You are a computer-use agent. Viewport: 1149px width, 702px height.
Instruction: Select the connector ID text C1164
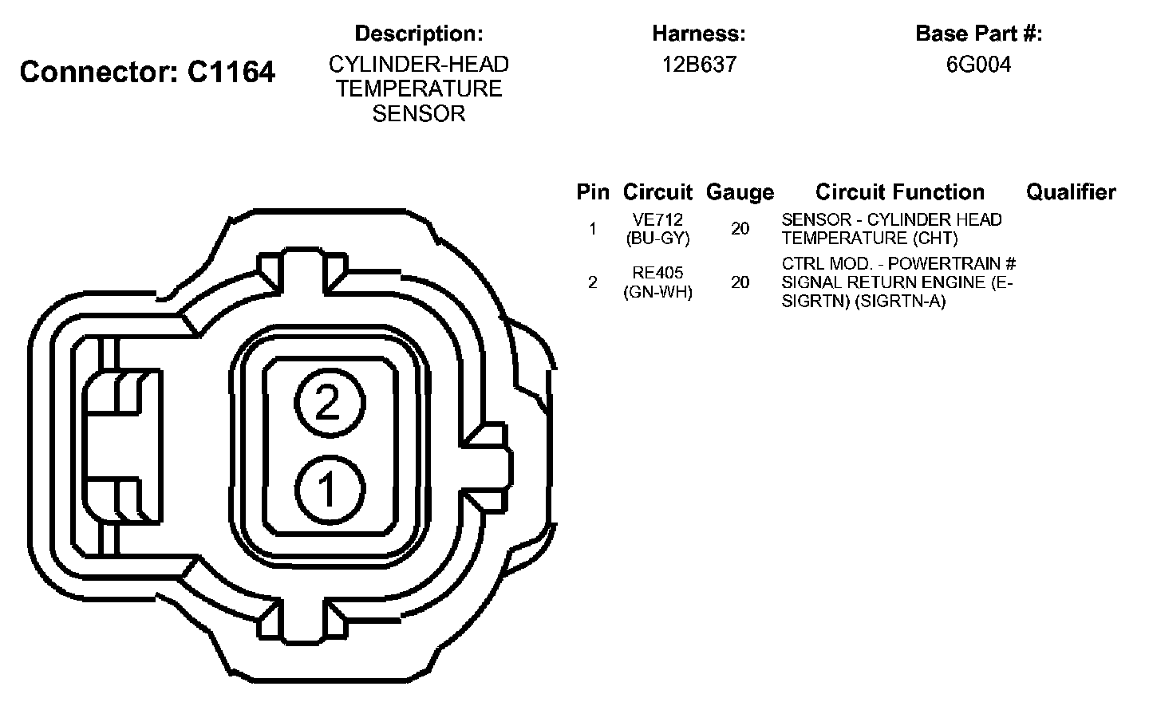(x=231, y=71)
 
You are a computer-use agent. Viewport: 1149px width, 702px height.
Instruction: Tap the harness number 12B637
(x=699, y=65)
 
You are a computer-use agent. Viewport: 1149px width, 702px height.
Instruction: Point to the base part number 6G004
(x=979, y=65)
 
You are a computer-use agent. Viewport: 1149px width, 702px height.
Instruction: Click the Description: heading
(x=419, y=34)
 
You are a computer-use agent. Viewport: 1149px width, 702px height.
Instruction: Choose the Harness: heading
(x=699, y=34)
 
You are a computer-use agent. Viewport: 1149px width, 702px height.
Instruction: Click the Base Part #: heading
(x=979, y=34)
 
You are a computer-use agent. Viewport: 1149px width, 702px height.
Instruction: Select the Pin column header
(x=593, y=191)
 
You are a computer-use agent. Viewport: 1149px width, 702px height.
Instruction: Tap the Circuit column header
(x=657, y=191)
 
